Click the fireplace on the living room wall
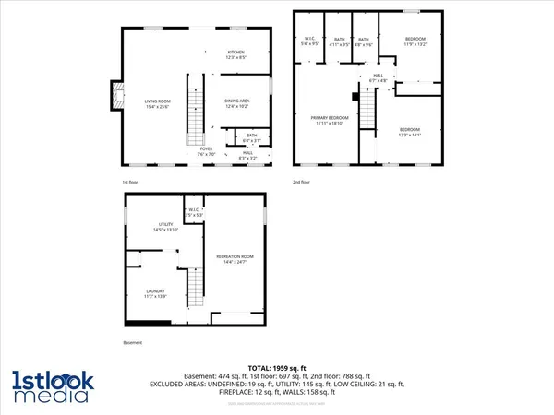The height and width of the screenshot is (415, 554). coord(114,94)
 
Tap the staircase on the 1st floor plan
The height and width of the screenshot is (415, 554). coord(196,111)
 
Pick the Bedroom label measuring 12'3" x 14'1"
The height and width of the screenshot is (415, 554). coord(410,130)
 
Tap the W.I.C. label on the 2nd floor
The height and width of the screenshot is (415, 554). coord(310,41)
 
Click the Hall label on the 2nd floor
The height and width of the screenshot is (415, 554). coord(379,77)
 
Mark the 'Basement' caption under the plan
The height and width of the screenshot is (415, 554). coord(133,345)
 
